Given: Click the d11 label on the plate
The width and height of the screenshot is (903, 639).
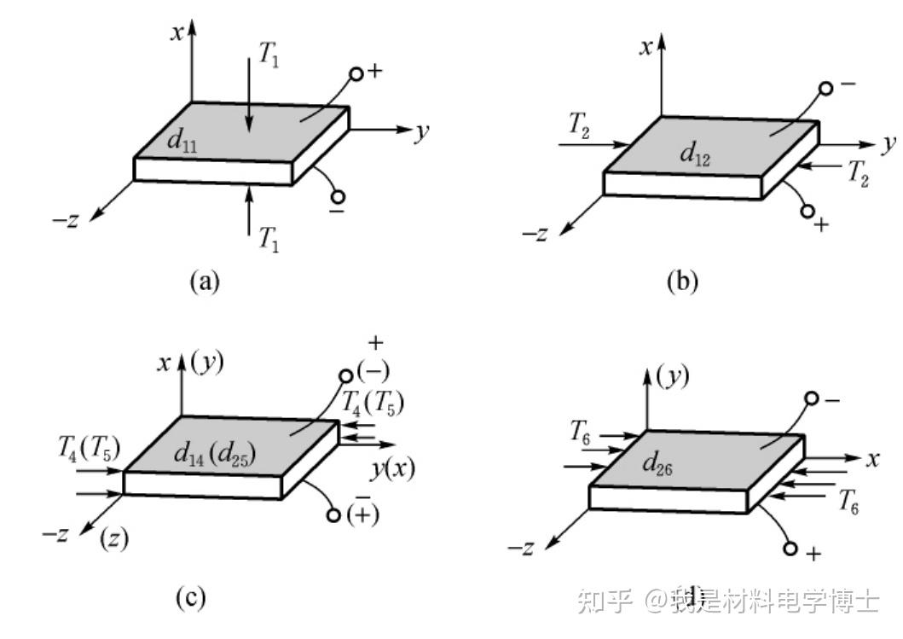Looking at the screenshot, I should pyautogui.click(x=182, y=141).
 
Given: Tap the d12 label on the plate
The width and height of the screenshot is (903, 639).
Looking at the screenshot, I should pyautogui.click(x=695, y=154).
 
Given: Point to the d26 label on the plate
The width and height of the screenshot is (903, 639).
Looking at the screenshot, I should pyautogui.click(x=659, y=465).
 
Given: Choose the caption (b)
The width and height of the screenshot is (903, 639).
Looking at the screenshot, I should pyautogui.click(x=681, y=282).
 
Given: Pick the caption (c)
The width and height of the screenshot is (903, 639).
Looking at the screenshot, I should pyautogui.click(x=190, y=597).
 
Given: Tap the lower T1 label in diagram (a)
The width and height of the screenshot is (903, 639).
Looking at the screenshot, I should pyautogui.click(x=269, y=241).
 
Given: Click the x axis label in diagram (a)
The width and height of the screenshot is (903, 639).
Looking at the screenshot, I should pyautogui.click(x=177, y=33).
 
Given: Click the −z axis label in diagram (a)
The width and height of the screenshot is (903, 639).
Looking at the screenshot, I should pyautogui.click(x=66, y=220).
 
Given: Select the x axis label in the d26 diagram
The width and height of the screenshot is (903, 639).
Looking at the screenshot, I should pyautogui.click(x=872, y=459).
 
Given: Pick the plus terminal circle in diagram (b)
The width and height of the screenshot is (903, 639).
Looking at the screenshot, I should pyautogui.click(x=807, y=211).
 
